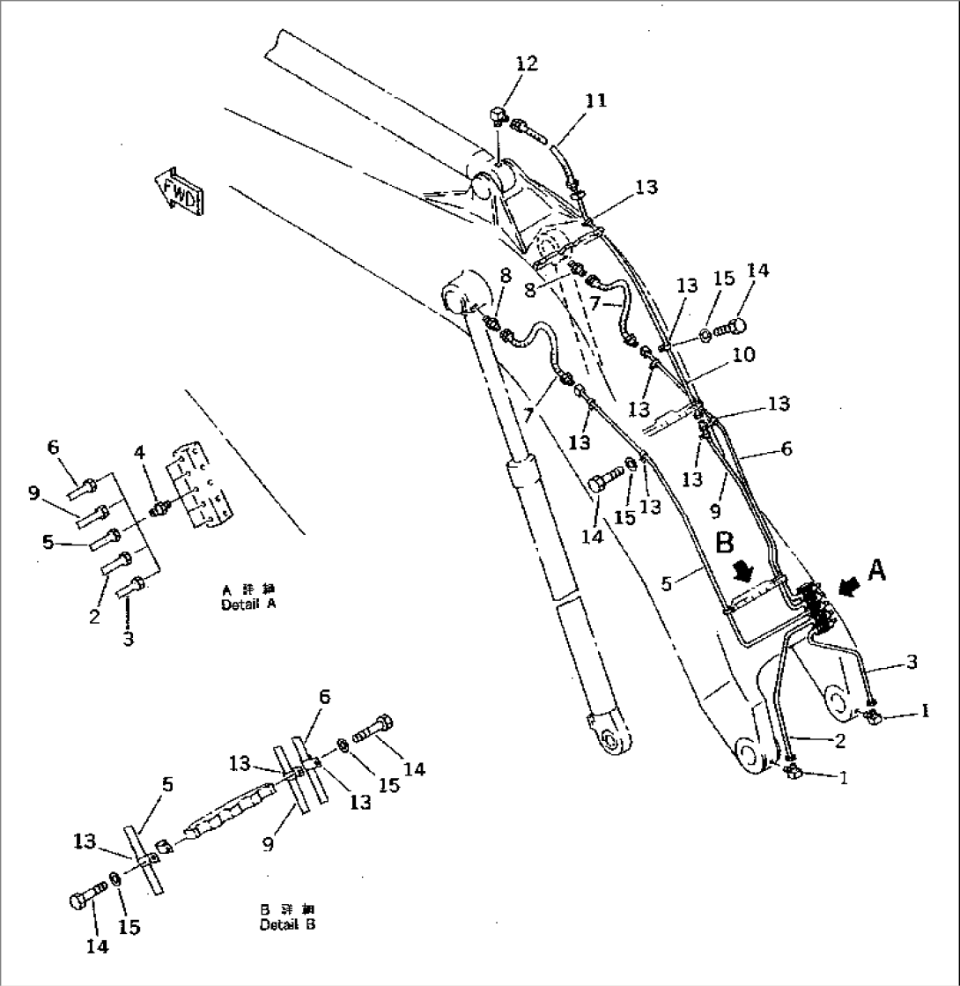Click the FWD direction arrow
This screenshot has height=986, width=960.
click(x=180, y=188)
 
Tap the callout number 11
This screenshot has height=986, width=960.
click(x=596, y=100)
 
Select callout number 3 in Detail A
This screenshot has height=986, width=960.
click(x=129, y=638)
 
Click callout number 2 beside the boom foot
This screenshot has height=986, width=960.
click(x=839, y=740)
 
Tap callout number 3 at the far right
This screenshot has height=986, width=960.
click(x=911, y=661)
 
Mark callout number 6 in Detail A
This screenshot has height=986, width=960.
click(x=54, y=448)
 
